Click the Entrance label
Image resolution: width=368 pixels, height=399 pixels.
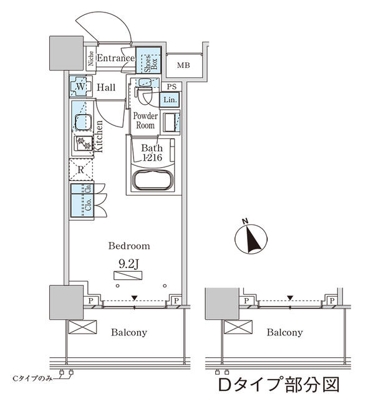pos(115,59)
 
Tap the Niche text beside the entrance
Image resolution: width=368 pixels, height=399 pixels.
pos(91,59)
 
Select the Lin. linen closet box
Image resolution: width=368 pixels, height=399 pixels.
pos(170,99)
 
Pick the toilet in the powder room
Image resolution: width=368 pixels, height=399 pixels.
pos(145,97)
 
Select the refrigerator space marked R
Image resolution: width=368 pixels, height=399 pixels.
pos(81,168)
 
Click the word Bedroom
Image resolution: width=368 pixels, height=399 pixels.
pos(128,246)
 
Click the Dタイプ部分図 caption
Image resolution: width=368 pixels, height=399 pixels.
pos(280,380)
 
